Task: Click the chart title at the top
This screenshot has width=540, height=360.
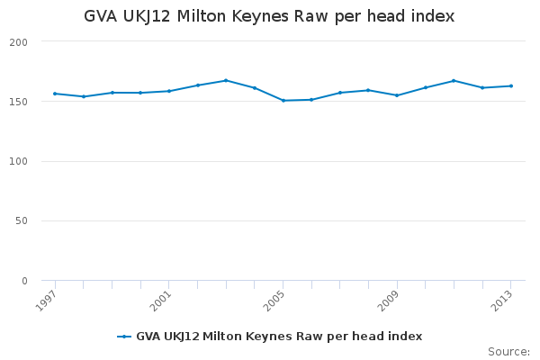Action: coord(269,16)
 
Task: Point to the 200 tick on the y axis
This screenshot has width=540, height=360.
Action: coord(18,42)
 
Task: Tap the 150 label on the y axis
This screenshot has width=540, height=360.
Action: coord(18,102)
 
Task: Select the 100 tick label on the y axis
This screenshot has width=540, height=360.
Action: coord(18,161)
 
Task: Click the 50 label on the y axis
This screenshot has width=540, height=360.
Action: coord(22,220)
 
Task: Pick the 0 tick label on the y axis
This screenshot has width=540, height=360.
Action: coord(24,281)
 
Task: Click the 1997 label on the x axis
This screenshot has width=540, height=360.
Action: coord(46,301)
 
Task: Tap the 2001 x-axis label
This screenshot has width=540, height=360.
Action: coord(160,301)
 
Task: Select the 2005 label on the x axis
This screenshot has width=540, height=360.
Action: coord(274,301)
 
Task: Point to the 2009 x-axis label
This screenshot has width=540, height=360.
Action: coord(388,301)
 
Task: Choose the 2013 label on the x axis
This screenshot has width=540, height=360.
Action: coord(502,301)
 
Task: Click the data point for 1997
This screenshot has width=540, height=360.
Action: coord(55,94)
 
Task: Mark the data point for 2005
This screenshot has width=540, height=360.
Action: coord(283,101)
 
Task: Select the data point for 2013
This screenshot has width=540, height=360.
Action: coord(511,86)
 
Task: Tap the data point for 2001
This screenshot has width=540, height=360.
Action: coord(169,91)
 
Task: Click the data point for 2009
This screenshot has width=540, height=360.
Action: coord(397,95)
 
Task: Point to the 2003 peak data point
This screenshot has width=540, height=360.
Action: coord(226,81)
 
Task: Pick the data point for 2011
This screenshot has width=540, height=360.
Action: coord(454,81)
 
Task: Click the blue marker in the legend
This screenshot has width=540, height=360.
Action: coord(124,337)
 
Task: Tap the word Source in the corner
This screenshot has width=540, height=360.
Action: coord(508,352)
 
